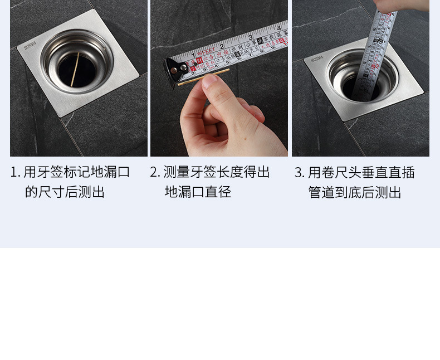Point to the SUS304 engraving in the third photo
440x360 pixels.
point(317,59)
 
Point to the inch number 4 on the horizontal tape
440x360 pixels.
point(278,27)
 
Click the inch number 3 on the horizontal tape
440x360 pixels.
point(250,37)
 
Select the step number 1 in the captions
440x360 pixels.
point(14,172)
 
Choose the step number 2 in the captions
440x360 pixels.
point(154,172)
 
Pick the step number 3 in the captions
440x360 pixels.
point(299,172)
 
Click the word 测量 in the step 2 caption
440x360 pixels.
point(177,172)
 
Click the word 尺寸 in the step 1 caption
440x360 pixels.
point(51,193)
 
